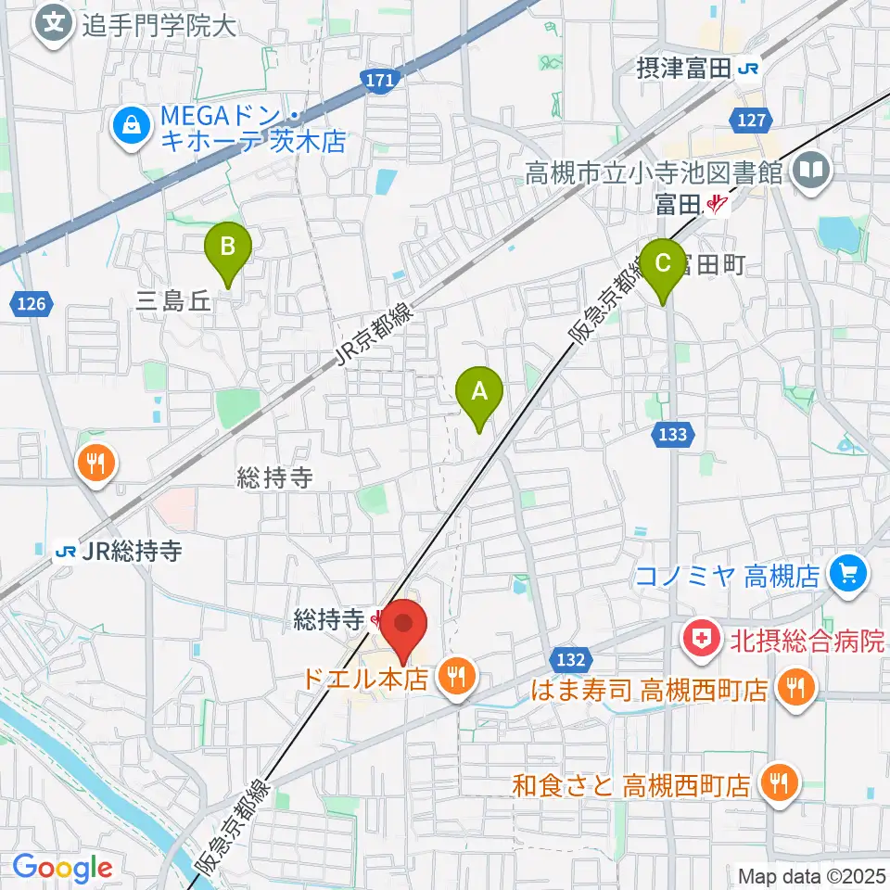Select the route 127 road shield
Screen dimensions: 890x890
[751, 119]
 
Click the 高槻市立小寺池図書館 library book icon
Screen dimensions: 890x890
[812, 171]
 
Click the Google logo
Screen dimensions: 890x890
[62, 868]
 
